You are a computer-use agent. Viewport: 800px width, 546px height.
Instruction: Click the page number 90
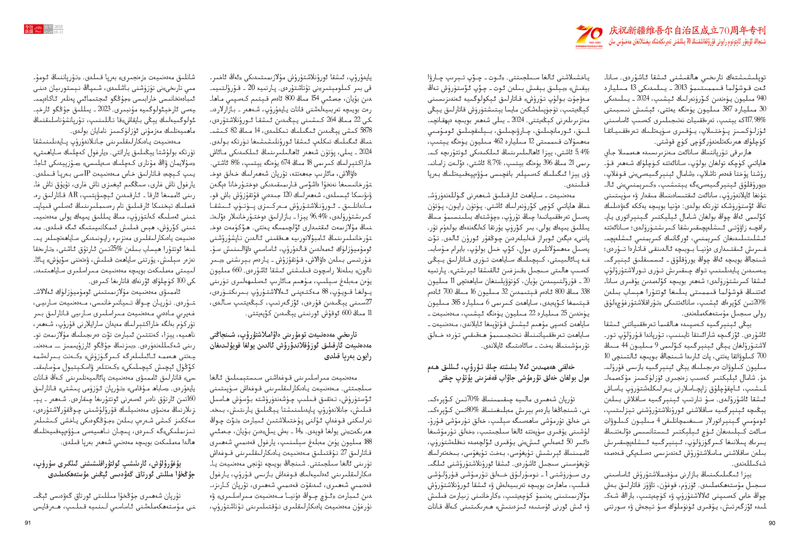772,523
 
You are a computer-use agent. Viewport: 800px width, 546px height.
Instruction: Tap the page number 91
28,523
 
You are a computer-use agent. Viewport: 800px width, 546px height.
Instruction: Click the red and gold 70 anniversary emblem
589,36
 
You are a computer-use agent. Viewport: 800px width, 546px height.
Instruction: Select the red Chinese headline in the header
687,30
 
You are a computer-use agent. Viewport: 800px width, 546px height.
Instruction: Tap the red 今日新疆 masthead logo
29,29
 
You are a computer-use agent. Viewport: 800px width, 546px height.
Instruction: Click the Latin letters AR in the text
73,195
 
